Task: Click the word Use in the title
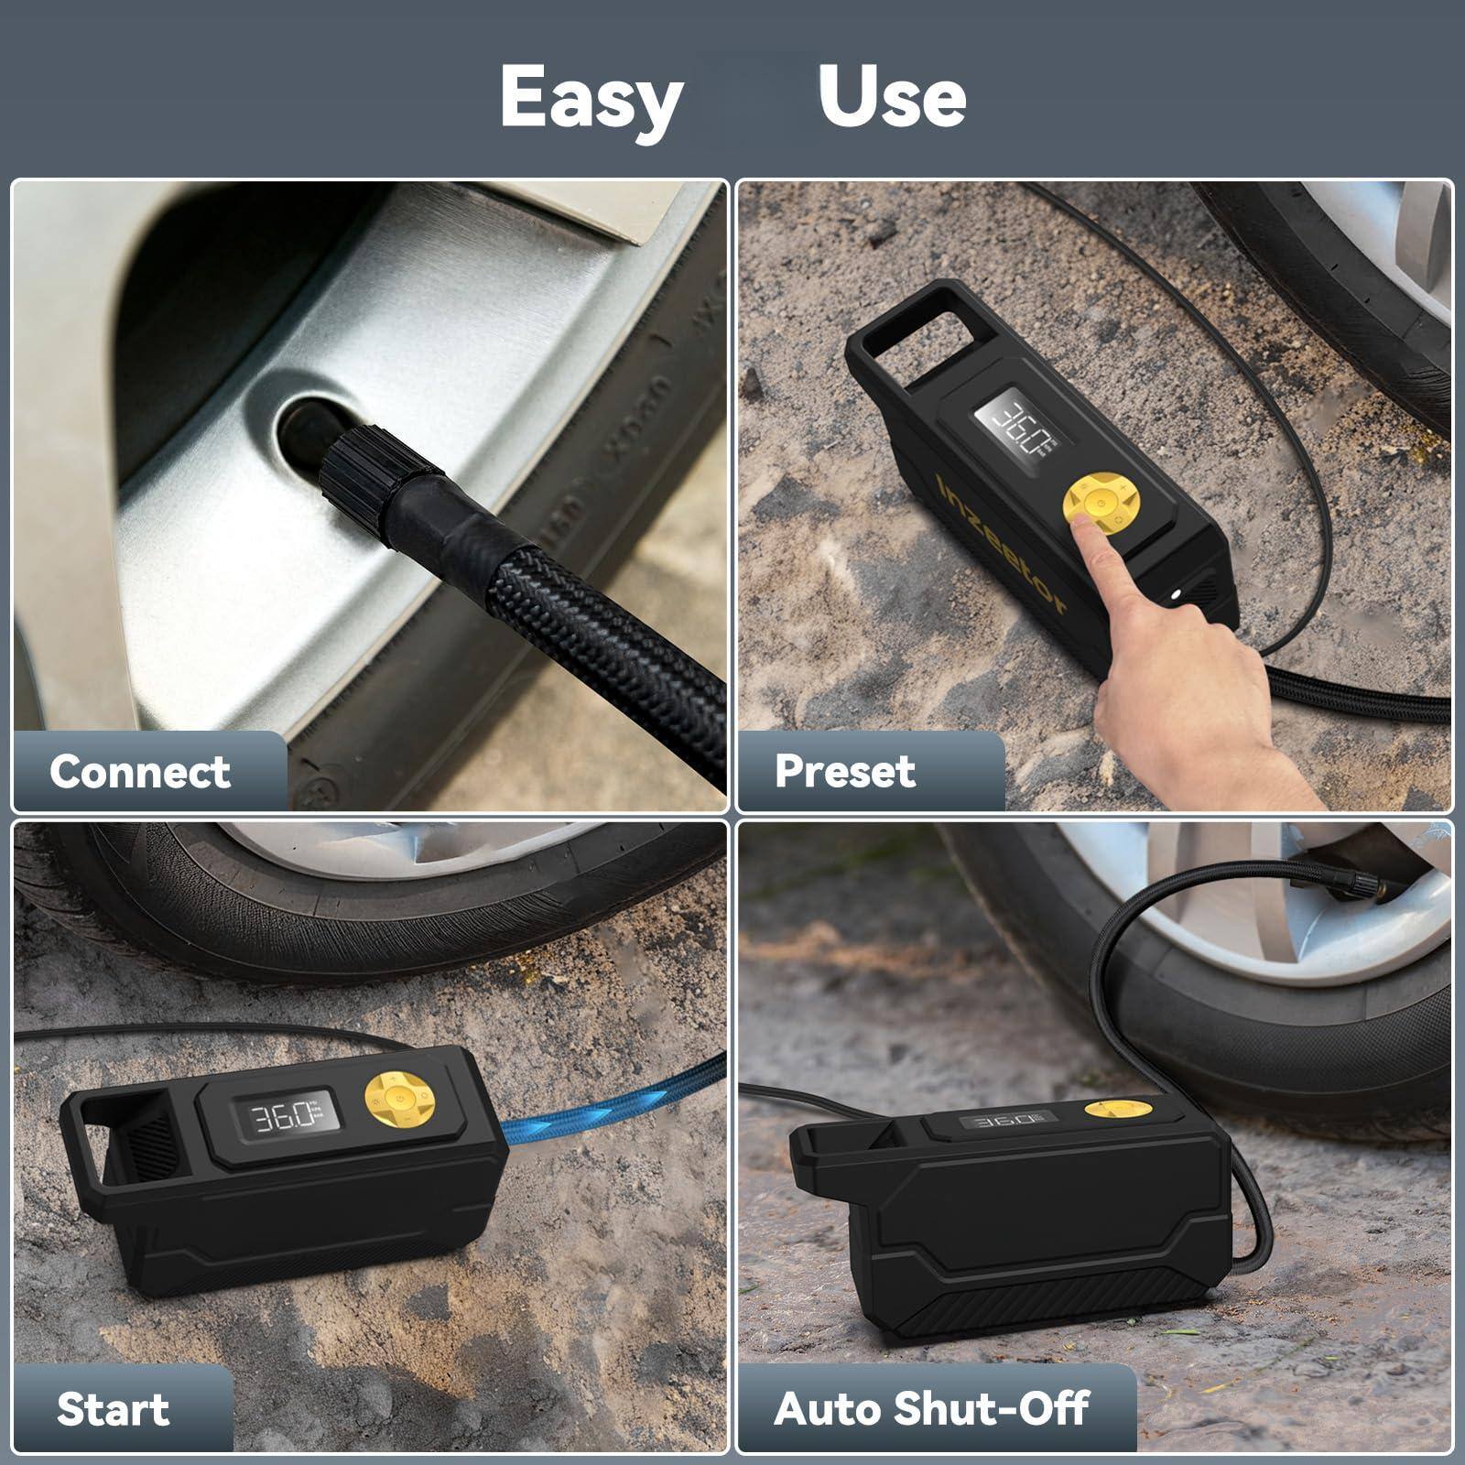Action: click(892, 97)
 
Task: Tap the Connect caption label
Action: click(140, 771)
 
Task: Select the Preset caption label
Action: click(844, 771)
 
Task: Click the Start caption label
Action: click(113, 1408)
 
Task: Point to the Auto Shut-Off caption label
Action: click(931, 1408)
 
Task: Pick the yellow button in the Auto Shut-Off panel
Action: click(1107, 1110)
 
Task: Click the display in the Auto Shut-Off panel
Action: click(1002, 1121)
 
